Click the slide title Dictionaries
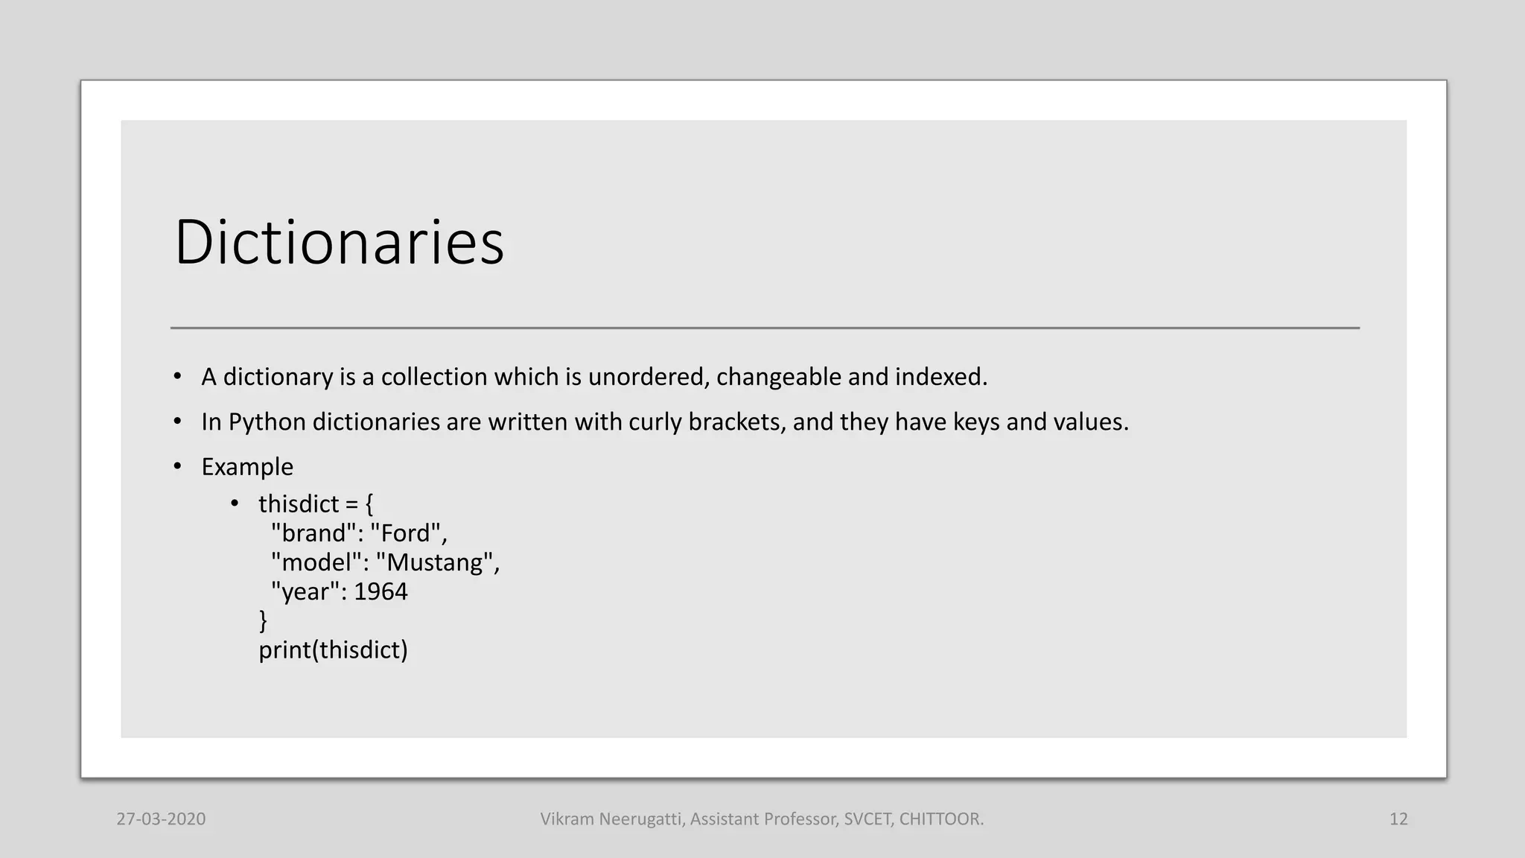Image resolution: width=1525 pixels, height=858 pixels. [x=339, y=242]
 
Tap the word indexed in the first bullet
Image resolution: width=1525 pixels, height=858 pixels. [x=940, y=377]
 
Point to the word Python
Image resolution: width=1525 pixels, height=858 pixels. [x=267, y=422]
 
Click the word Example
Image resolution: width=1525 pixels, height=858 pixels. [x=247, y=467]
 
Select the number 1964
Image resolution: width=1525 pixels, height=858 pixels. [x=381, y=591]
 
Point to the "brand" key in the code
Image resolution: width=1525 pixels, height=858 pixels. [x=313, y=533]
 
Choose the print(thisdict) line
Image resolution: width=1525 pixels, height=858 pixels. [x=333, y=650]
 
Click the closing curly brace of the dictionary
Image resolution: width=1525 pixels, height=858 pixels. [x=263, y=620]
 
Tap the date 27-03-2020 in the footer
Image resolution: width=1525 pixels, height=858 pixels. [x=161, y=819]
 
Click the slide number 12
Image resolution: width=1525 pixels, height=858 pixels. [x=1398, y=819]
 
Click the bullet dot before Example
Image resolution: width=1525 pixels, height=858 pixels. [x=177, y=467]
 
